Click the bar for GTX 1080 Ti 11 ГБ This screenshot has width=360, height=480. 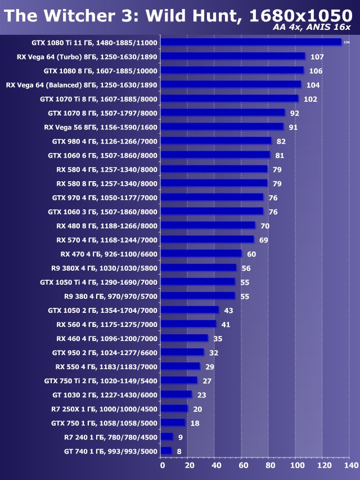[x=251, y=42]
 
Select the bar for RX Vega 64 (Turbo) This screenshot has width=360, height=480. [x=233, y=56]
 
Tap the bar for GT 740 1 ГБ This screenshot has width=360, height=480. [x=166, y=451]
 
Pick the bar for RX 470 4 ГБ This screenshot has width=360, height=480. [x=201, y=254]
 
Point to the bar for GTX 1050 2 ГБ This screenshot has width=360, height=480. [x=190, y=310]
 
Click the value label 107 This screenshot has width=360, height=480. [x=317, y=57]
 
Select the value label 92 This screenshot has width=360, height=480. [x=295, y=113]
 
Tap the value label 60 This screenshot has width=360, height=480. [x=251, y=254]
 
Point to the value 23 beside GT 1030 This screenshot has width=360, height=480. [x=201, y=394]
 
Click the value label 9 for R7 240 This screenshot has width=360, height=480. [x=181, y=437]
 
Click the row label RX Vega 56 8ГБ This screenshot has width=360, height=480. [x=101, y=127]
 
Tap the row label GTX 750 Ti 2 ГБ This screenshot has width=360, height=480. [x=101, y=380]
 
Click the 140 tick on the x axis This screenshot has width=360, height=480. [x=350, y=465]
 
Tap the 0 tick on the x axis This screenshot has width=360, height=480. [x=162, y=465]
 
